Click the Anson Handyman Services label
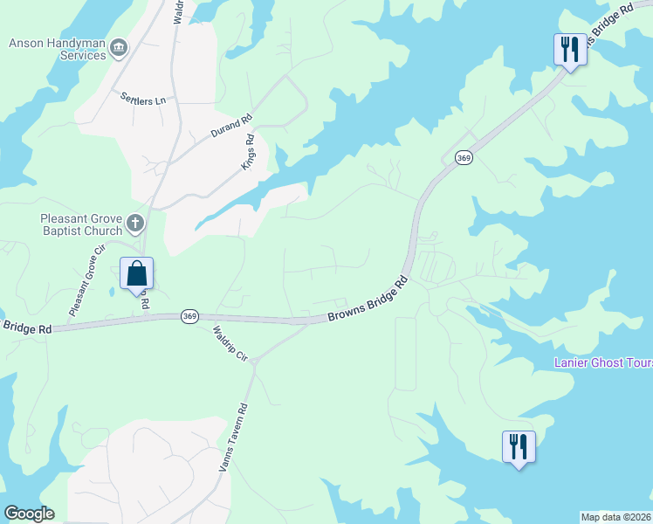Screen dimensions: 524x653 58,49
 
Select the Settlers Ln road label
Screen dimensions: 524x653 143,100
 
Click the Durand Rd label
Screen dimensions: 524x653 231,127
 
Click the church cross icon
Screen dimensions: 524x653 135,224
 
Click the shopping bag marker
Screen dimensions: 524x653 136,274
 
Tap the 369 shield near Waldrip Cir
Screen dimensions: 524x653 189,315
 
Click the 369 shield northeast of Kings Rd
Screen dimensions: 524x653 464,157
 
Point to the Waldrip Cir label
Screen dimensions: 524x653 230,344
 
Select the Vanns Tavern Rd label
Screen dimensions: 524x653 234,437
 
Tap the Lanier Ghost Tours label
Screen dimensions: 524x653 603,362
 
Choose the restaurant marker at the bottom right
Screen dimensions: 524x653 519,447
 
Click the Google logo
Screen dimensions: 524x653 29,514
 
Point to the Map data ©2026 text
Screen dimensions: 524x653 616,517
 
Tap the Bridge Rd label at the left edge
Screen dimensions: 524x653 26,327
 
